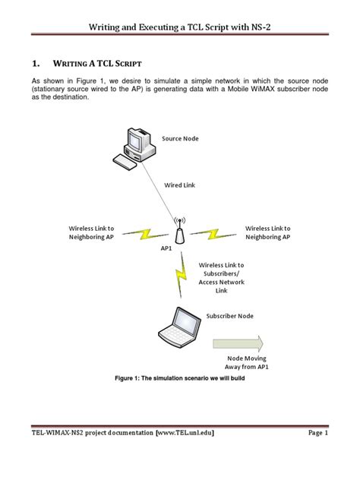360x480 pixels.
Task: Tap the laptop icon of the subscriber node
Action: pos(180,327)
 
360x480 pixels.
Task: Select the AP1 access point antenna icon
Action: pos(180,230)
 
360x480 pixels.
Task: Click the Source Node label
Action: pos(180,138)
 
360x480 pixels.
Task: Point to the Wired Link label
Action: pos(179,185)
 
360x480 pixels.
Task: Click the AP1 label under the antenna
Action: pos(166,248)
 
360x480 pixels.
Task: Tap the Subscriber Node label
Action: pos(229,316)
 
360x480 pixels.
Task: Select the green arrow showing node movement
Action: pos(238,343)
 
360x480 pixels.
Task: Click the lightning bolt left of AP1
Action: pos(145,234)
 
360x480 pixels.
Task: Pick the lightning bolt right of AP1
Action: pos(213,234)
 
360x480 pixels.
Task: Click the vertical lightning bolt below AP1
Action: pos(182,275)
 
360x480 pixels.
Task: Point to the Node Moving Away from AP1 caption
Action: pos(246,362)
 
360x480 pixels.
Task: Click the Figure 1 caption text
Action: pos(180,378)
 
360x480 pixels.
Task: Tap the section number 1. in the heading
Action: pos(36,63)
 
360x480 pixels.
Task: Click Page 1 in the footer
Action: pos(318,433)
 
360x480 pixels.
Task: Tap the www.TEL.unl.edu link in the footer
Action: pos(185,433)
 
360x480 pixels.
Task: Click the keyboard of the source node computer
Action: pos(125,162)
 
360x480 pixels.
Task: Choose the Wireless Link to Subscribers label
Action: pos(221,278)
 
